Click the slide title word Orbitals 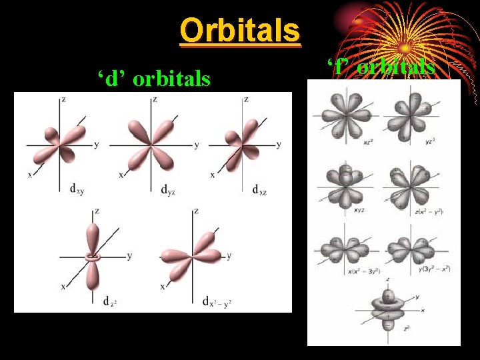240,30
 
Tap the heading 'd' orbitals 154,79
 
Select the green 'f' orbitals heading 381,67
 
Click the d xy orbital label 77,189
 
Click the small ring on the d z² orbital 93,256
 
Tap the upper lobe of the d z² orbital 93,233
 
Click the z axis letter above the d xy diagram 63,99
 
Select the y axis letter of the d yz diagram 196,145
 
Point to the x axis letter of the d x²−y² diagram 162,286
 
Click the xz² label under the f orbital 367,141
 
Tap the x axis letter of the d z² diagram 63,286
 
